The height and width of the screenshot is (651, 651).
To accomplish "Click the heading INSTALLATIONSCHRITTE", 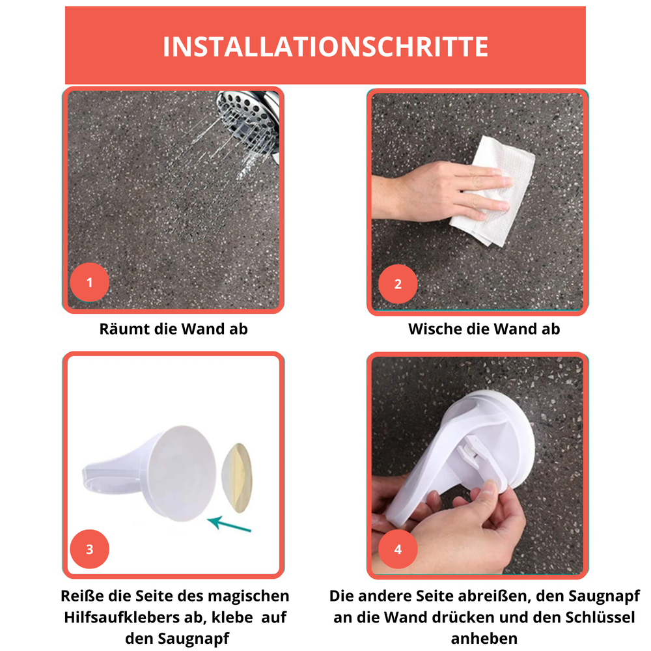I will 325,47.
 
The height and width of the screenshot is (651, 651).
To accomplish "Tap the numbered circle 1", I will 89,283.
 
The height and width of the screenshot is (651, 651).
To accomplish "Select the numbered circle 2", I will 398,284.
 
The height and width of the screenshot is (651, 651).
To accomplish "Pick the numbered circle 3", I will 89,549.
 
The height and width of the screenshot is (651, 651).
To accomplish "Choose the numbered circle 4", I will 398,549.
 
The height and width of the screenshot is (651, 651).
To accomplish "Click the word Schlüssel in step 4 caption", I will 599,617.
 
